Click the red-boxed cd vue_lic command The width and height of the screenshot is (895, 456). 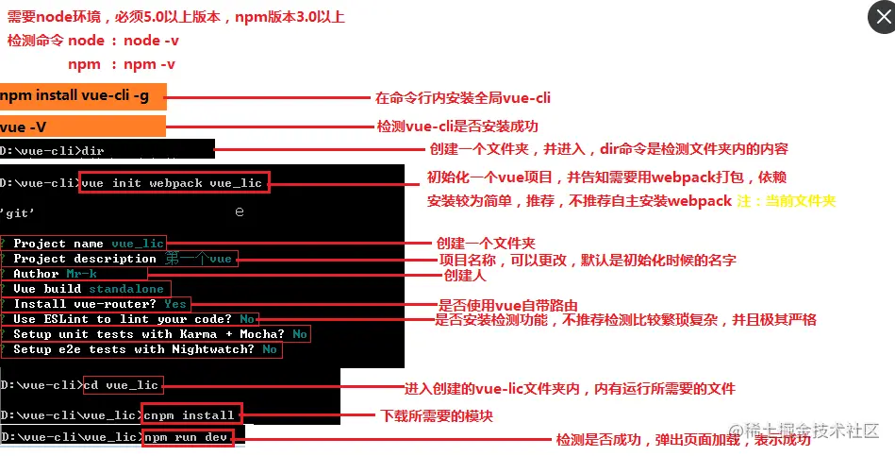122,385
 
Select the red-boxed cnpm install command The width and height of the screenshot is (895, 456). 190,415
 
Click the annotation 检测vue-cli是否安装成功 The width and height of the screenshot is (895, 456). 458,127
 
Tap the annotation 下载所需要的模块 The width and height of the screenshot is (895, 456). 436,416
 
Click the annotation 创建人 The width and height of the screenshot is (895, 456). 464,275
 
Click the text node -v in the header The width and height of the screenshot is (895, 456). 151,41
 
